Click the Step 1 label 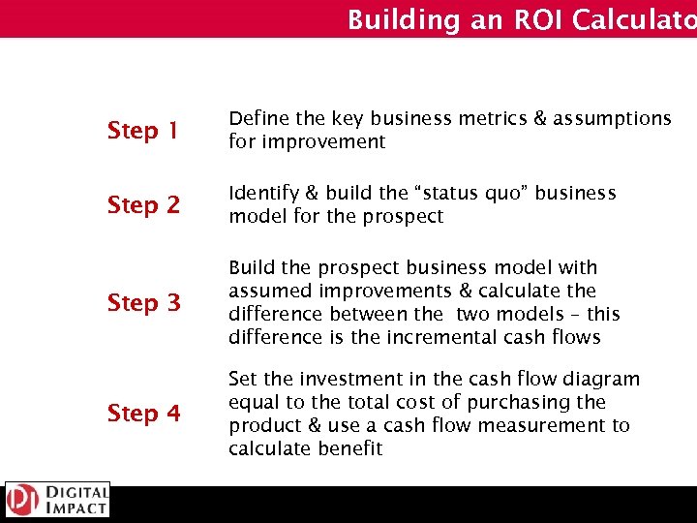pos(144,130)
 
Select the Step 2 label pos(144,204)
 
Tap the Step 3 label pos(144,302)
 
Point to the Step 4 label pos(144,413)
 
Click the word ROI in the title pos(502,19)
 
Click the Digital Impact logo pos(57,501)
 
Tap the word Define pos(258,118)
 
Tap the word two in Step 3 pos(472,314)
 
